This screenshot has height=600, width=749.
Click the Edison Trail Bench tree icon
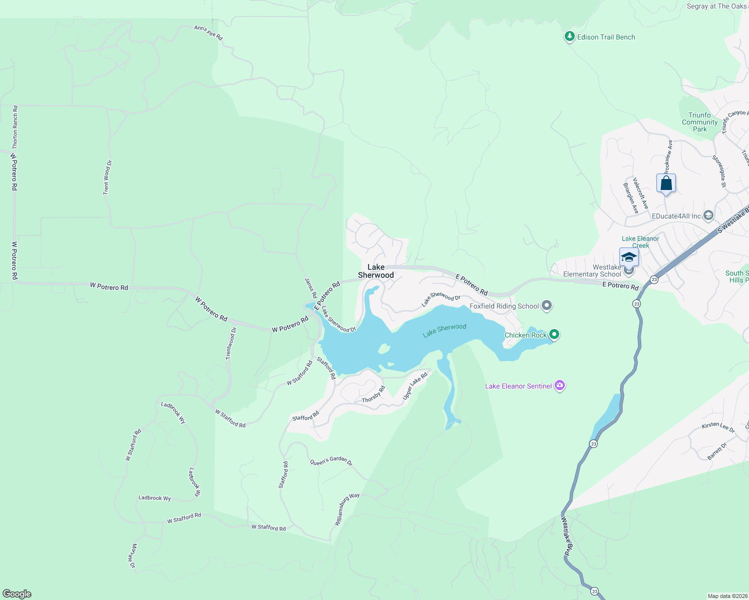point(569,36)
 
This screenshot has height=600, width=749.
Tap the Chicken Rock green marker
point(554,334)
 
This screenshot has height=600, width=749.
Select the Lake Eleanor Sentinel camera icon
point(560,385)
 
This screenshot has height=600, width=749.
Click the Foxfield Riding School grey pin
point(547,305)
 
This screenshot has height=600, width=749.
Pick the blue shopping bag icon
point(666,183)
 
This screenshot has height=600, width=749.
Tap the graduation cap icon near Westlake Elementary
point(629,257)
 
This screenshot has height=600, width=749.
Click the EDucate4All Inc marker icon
point(708,216)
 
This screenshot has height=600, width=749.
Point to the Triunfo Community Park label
point(699,122)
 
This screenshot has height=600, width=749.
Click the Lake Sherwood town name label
point(376,271)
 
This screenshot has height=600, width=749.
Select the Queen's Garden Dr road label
point(331,460)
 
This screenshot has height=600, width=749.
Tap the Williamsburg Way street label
point(347,509)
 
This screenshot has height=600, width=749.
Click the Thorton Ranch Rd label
point(15,126)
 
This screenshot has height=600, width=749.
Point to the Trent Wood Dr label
point(107,177)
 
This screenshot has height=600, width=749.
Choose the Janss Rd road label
point(310,288)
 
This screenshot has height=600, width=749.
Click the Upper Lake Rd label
point(415,386)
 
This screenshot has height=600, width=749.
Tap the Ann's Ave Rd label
point(208,32)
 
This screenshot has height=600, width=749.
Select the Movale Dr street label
point(133,555)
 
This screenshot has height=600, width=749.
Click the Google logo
point(17,594)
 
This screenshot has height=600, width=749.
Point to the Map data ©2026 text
point(727,596)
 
